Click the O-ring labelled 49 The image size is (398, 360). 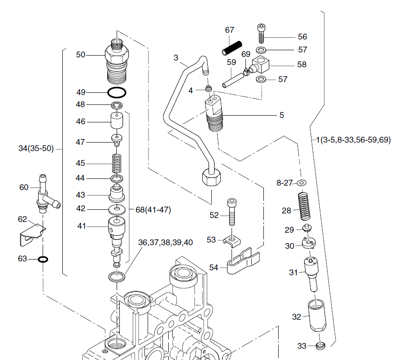tap(117, 93)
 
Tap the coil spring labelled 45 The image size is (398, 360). tap(118, 163)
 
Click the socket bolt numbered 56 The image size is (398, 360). tap(262, 33)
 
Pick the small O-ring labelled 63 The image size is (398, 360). tap(44, 259)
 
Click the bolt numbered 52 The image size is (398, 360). tap(231, 213)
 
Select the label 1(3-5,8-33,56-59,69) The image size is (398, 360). tap(353, 140)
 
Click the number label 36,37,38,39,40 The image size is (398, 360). tap(166, 242)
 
